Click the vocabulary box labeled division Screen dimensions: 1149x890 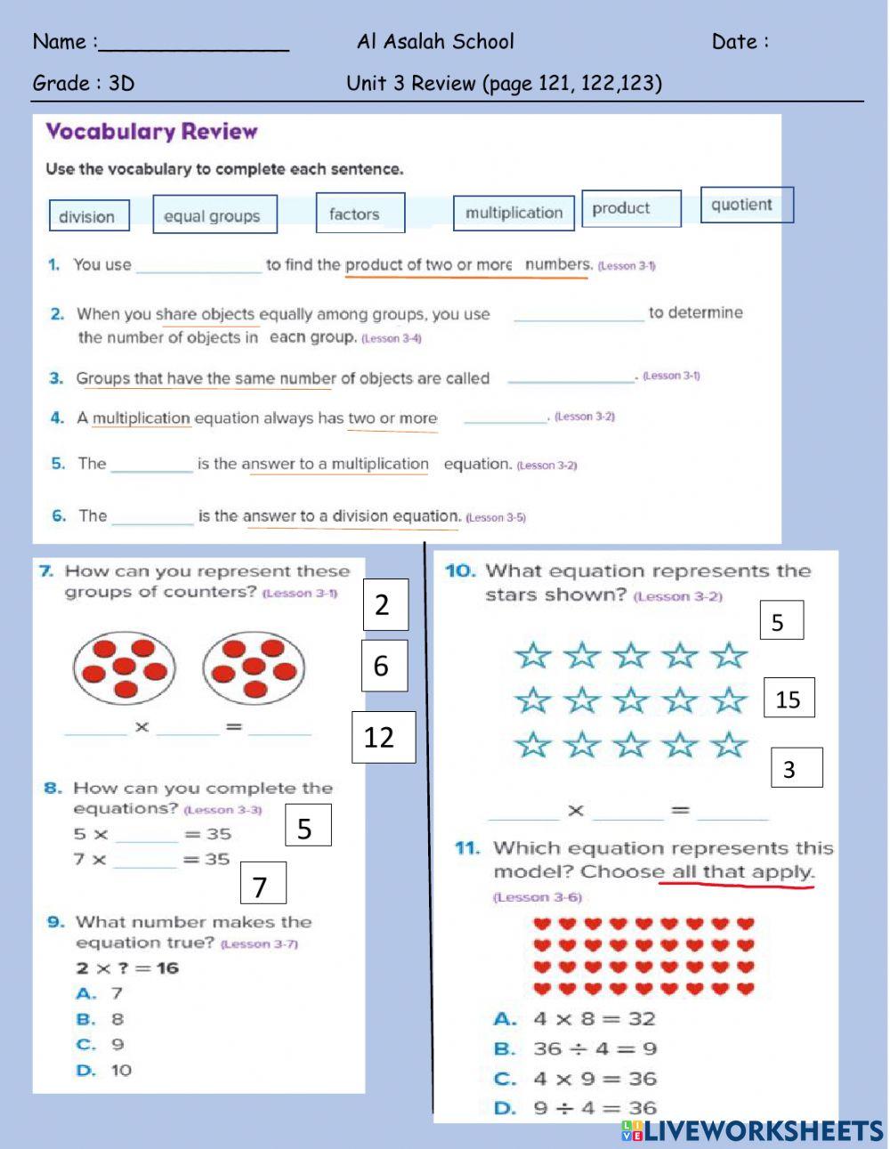88,215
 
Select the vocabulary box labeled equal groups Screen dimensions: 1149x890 214,214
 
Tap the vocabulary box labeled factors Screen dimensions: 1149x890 360,214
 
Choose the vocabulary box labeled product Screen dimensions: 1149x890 631,208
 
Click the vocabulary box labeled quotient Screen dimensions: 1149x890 746,205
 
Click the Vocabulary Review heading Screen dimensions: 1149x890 151,132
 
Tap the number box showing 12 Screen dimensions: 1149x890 383,737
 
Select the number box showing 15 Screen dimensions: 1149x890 789,699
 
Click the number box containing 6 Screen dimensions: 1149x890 384,666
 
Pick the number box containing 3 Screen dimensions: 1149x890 796,767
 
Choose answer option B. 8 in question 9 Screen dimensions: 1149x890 101,1019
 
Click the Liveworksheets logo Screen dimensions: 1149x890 752,1130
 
